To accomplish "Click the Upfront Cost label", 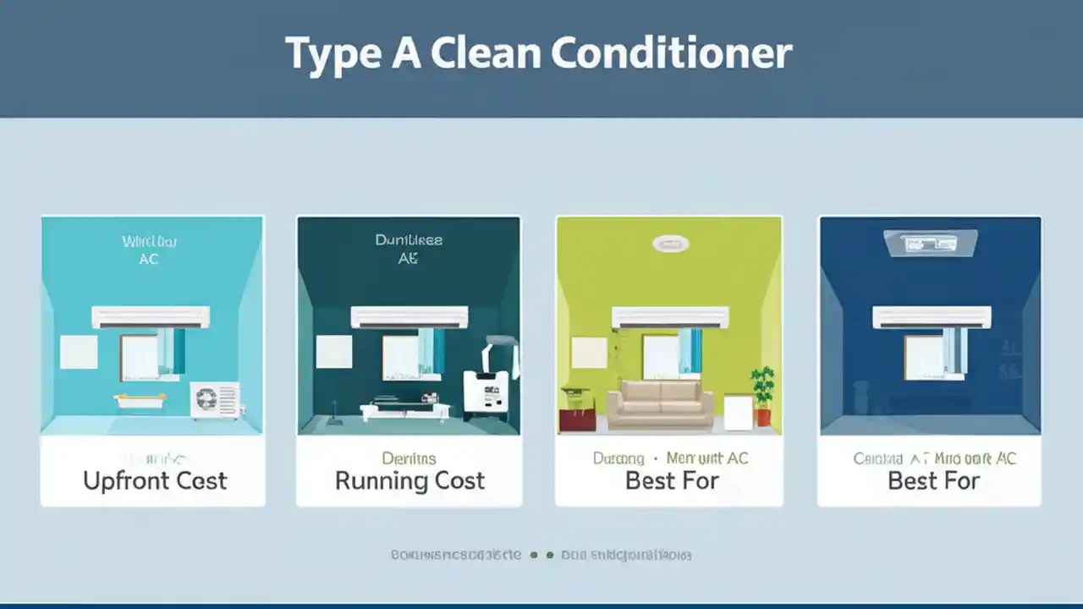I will coord(155,480).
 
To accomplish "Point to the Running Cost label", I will coord(410,480).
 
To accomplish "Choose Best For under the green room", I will coord(671,480).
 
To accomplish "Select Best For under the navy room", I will coord(933,480).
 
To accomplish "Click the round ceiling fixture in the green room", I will coord(671,244).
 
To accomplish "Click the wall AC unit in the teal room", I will coord(410,317).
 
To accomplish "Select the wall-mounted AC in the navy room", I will coord(932,317).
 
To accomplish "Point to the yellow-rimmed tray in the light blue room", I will coord(139,401).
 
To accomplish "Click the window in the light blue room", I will coord(140,355).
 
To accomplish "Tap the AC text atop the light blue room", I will coord(148,260).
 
